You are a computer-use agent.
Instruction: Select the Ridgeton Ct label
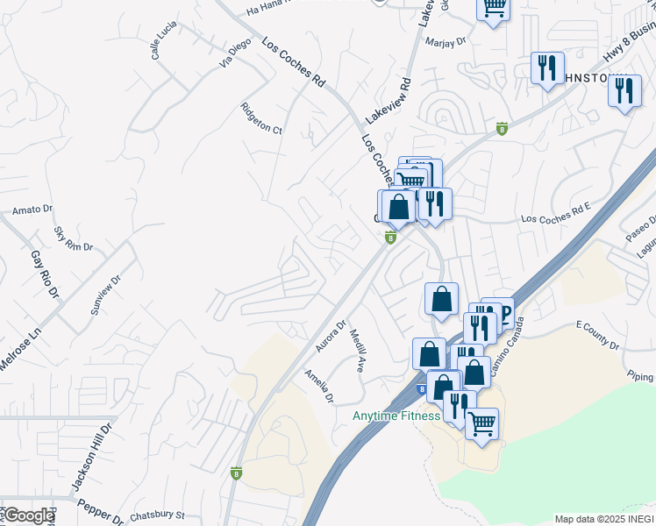pyautogui.click(x=261, y=120)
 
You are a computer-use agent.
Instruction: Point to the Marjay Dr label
pyautogui.click(x=445, y=41)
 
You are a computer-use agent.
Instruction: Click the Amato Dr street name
pyautogui.click(x=33, y=211)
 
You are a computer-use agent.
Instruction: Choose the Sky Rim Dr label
pyautogui.click(x=73, y=239)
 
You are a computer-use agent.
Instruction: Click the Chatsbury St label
pyautogui.click(x=157, y=515)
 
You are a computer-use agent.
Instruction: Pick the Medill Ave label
pyautogui.click(x=357, y=350)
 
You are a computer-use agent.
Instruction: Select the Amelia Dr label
pyautogui.click(x=319, y=387)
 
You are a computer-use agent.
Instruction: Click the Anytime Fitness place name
pyautogui.click(x=396, y=416)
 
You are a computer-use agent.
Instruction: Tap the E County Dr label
pyautogui.click(x=597, y=335)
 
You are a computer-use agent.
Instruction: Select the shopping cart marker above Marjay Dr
pyautogui.click(x=494, y=8)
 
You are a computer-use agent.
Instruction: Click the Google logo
pyautogui.click(x=28, y=515)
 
